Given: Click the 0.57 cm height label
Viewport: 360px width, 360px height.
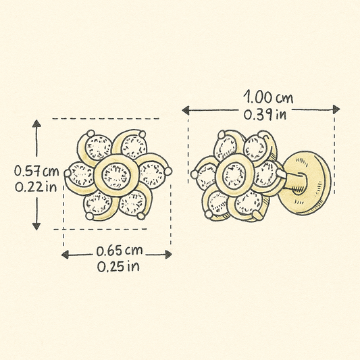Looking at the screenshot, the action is tap(36, 171).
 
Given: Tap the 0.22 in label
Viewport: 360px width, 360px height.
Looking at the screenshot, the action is tap(36, 187).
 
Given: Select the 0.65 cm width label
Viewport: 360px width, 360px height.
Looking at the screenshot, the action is tap(120, 251).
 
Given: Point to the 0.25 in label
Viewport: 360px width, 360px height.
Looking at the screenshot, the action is tap(118, 266).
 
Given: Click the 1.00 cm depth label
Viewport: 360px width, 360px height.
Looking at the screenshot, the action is tap(268, 97).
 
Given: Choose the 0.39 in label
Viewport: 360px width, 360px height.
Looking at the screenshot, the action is tap(265, 115).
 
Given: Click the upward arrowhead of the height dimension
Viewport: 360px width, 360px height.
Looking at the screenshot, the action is tap(36, 124).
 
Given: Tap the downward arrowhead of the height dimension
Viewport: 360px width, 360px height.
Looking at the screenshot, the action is tap(36, 226).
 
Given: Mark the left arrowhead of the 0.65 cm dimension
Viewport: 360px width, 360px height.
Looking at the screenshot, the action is tap(66, 255).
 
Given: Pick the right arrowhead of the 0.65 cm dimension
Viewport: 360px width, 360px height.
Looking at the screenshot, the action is tap(169, 255).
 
